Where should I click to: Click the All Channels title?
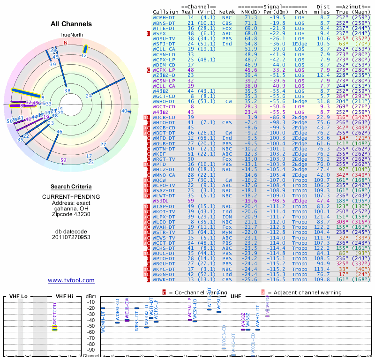coord(71,24)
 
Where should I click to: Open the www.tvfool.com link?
coord(71,280)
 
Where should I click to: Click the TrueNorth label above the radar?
coord(70,35)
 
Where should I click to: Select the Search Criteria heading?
coord(71,187)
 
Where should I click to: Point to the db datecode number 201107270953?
coord(71,237)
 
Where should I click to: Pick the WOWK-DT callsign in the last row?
coord(164,280)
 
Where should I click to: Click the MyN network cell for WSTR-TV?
coord(227,232)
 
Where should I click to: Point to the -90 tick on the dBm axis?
coord(90,350)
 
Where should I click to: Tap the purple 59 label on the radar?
coord(63,160)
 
